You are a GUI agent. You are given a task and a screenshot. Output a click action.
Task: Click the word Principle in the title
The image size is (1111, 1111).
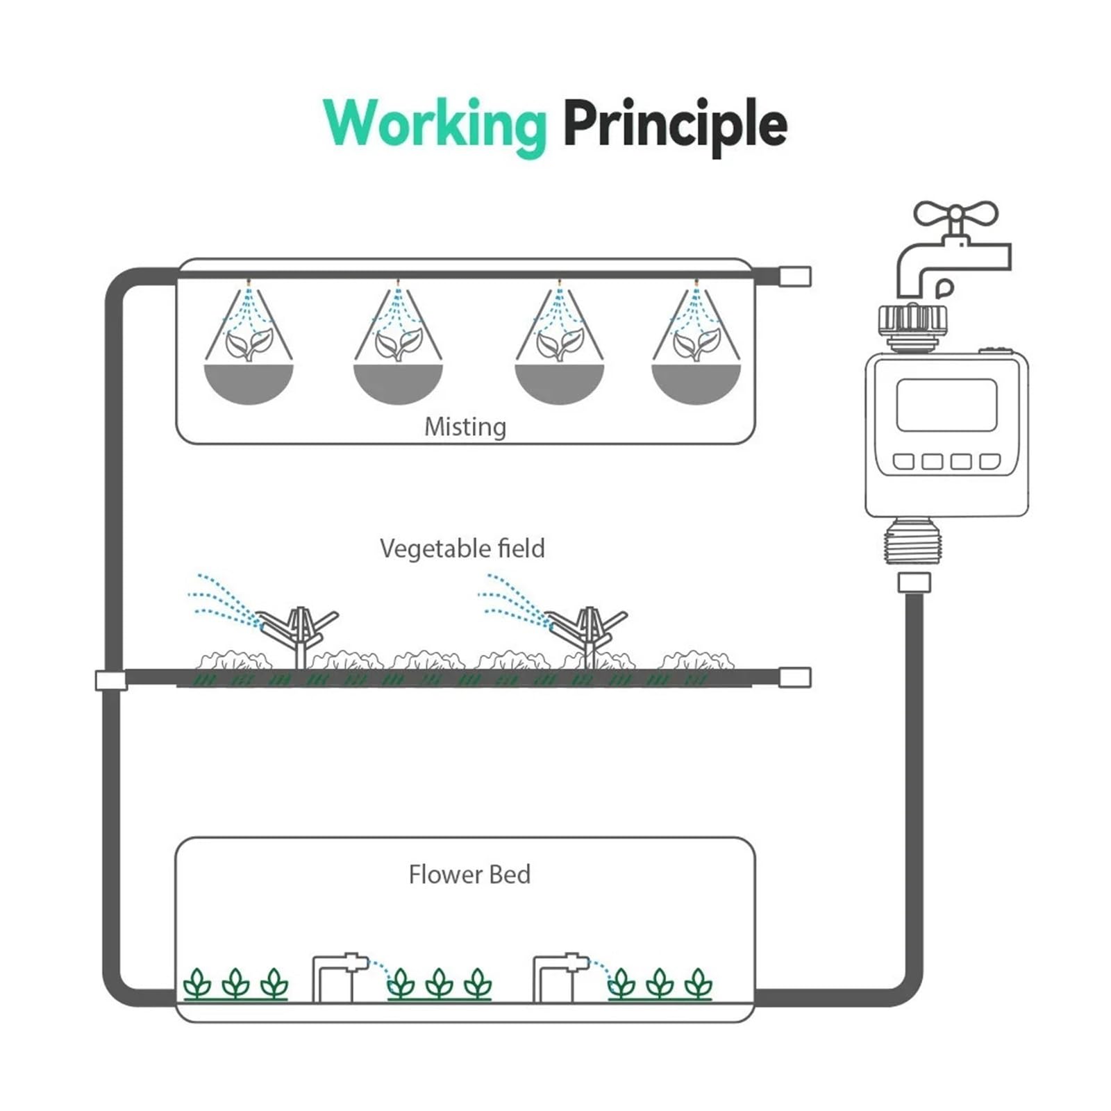[675, 125]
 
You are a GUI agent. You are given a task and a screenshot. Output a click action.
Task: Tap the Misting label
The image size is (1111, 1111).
[465, 427]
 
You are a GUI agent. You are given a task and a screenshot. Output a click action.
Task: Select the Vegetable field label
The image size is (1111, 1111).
[462, 549]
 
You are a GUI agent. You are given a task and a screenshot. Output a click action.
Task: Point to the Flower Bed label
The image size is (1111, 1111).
[469, 874]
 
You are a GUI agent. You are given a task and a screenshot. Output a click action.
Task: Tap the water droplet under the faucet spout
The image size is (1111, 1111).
[944, 287]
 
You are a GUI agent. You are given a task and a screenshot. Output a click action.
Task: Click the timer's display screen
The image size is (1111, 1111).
[946, 406]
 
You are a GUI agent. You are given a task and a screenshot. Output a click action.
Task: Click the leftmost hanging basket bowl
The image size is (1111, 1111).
[249, 383]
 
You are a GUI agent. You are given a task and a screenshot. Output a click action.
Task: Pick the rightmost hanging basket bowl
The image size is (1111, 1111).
[696, 383]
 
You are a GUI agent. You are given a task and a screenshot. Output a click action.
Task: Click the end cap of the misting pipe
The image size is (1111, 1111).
[795, 276]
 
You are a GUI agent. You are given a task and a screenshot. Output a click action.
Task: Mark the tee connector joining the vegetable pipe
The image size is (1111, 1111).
[111, 680]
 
